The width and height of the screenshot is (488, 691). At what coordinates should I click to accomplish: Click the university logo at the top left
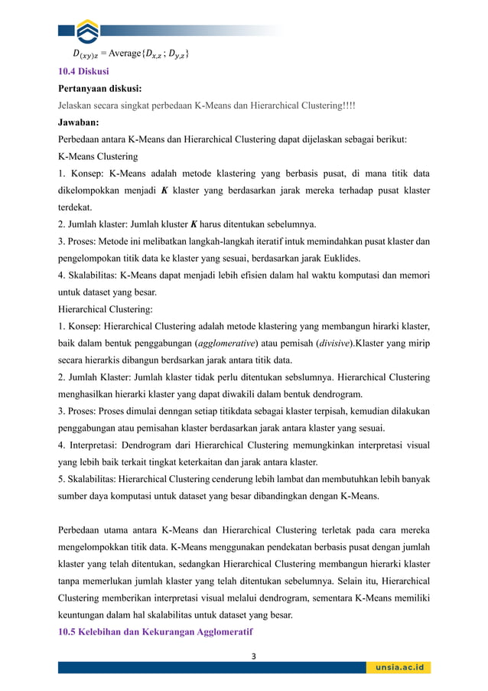(89, 31)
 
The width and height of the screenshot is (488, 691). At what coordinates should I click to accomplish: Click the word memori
(415, 275)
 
